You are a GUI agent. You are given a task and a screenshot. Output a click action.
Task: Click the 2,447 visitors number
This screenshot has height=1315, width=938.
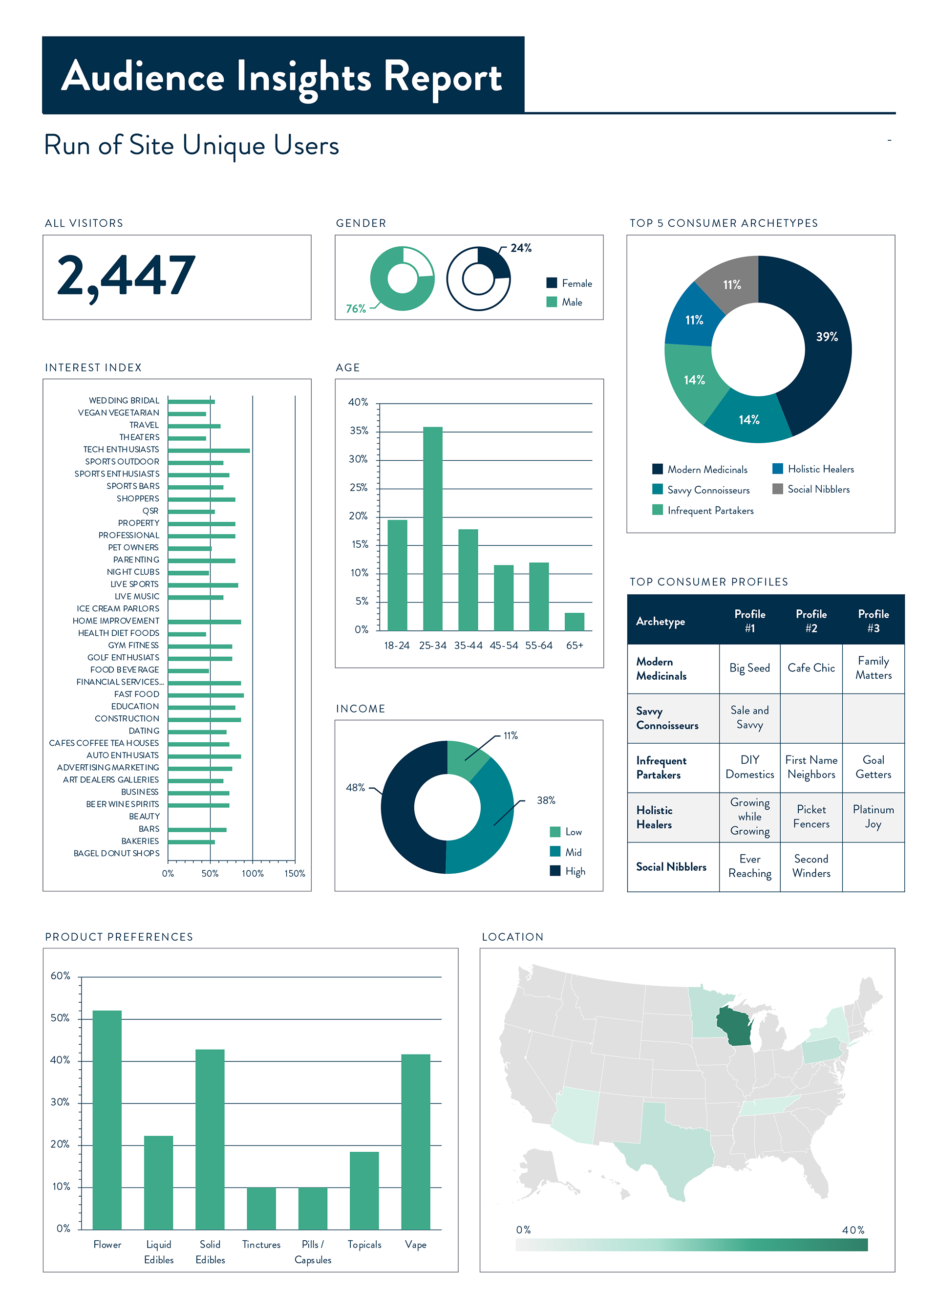pyautogui.click(x=126, y=276)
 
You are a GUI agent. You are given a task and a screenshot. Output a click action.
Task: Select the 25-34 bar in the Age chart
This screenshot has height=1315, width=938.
pyautogui.click(x=433, y=528)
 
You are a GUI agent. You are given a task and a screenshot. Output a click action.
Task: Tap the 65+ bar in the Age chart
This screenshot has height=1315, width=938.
pyautogui.click(x=574, y=621)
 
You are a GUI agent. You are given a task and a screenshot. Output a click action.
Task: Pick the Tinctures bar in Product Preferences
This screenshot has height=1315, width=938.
pyautogui.click(x=261, y=1208)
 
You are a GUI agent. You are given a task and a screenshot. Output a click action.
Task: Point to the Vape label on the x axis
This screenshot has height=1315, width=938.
pyautogui.click(x=415, y=1245)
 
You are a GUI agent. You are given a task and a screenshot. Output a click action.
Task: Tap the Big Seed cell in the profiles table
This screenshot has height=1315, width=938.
pyautogui.click(x=749, y=668)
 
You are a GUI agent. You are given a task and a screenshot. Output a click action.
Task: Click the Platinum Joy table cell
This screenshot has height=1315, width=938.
pyautogui.click(x=873, y=817)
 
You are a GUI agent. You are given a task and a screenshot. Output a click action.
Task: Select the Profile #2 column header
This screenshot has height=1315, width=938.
pyautogui.click(x=811, y=621)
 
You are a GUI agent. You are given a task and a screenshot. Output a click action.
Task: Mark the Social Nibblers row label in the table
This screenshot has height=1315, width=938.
pyautogui.click(x=671, y=867)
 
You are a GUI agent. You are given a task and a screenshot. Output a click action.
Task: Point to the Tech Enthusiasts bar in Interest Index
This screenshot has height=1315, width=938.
pyautogui.click(x=209, y=450)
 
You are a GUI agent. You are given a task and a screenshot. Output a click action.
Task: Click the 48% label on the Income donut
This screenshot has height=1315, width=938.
pyautogui.click(x=355, y=788)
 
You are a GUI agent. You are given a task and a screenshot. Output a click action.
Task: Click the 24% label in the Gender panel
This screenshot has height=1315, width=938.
pyautogui.click(x=520, y=248)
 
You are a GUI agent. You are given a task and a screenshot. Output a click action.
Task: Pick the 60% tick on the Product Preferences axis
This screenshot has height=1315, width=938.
pyautogui.click(x=60, y=976)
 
